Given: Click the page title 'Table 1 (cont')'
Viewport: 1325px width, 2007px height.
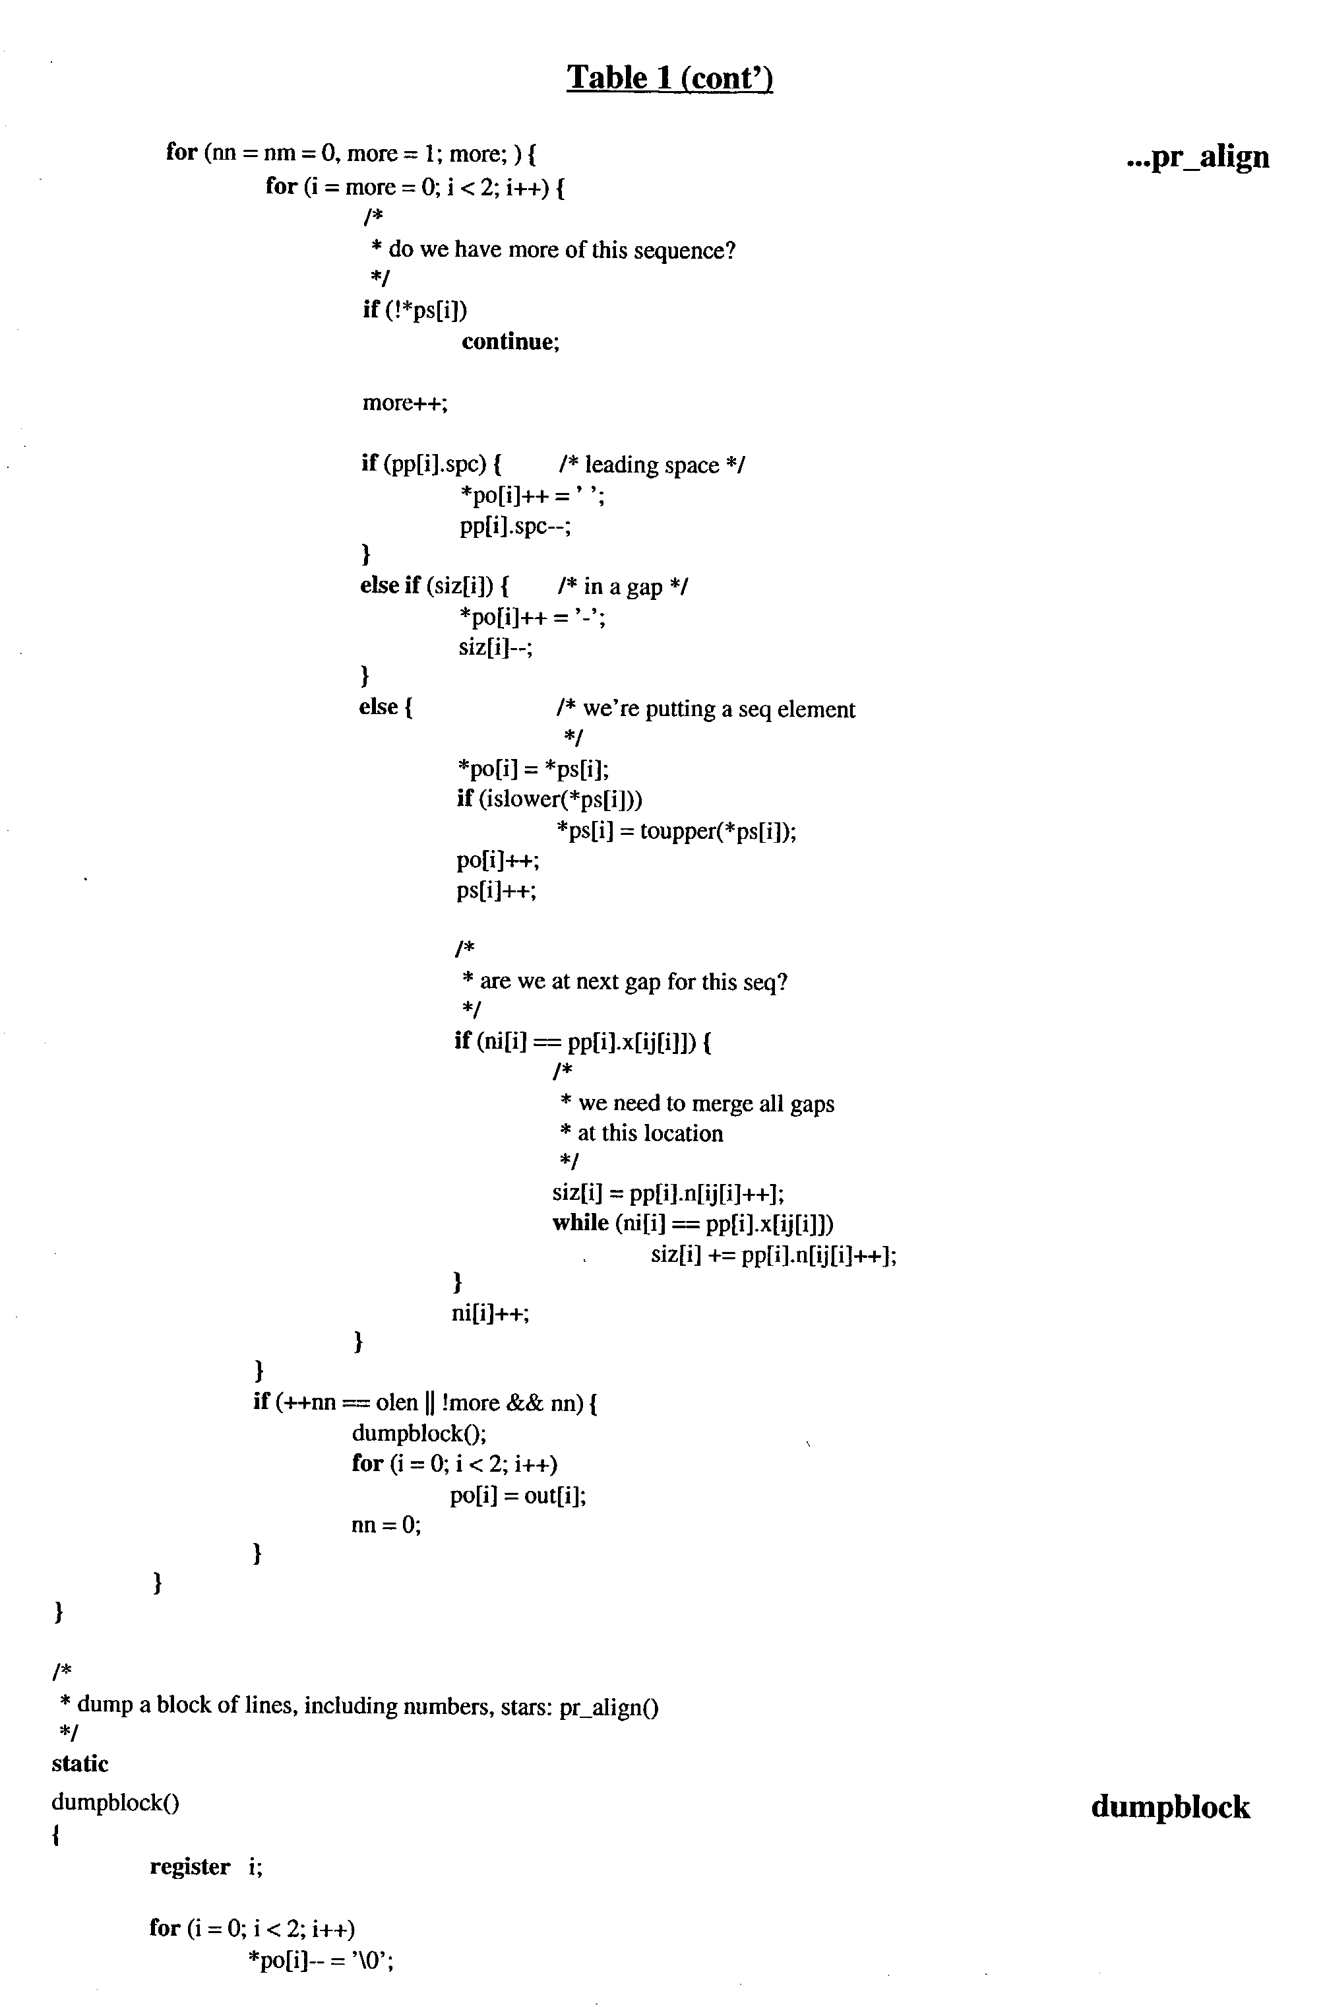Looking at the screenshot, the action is click(x=669, y=78).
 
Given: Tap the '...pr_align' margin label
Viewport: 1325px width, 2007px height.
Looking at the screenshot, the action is click(x=1198, y=157).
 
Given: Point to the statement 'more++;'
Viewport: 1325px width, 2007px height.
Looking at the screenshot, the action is click(x=405, y=403).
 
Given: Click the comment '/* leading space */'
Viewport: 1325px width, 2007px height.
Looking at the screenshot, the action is click(x=652, y=465).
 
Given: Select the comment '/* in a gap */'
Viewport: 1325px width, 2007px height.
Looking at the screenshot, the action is click(x=623, y=587).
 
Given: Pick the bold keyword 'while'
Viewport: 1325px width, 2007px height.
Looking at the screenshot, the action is click(x=580, y=1224).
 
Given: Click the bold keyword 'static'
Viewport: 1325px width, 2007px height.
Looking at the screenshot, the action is click(x=80, y=1763).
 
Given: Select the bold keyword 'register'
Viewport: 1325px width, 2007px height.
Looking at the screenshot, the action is click(x=189, y=1866).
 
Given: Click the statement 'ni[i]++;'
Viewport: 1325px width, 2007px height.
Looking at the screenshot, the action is click(x=490, y=1313).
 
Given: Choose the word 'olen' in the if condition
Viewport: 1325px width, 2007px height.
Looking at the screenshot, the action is click(x=396, y=1402).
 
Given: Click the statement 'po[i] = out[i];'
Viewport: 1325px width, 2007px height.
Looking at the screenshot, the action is click(x=518, y=1495).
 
